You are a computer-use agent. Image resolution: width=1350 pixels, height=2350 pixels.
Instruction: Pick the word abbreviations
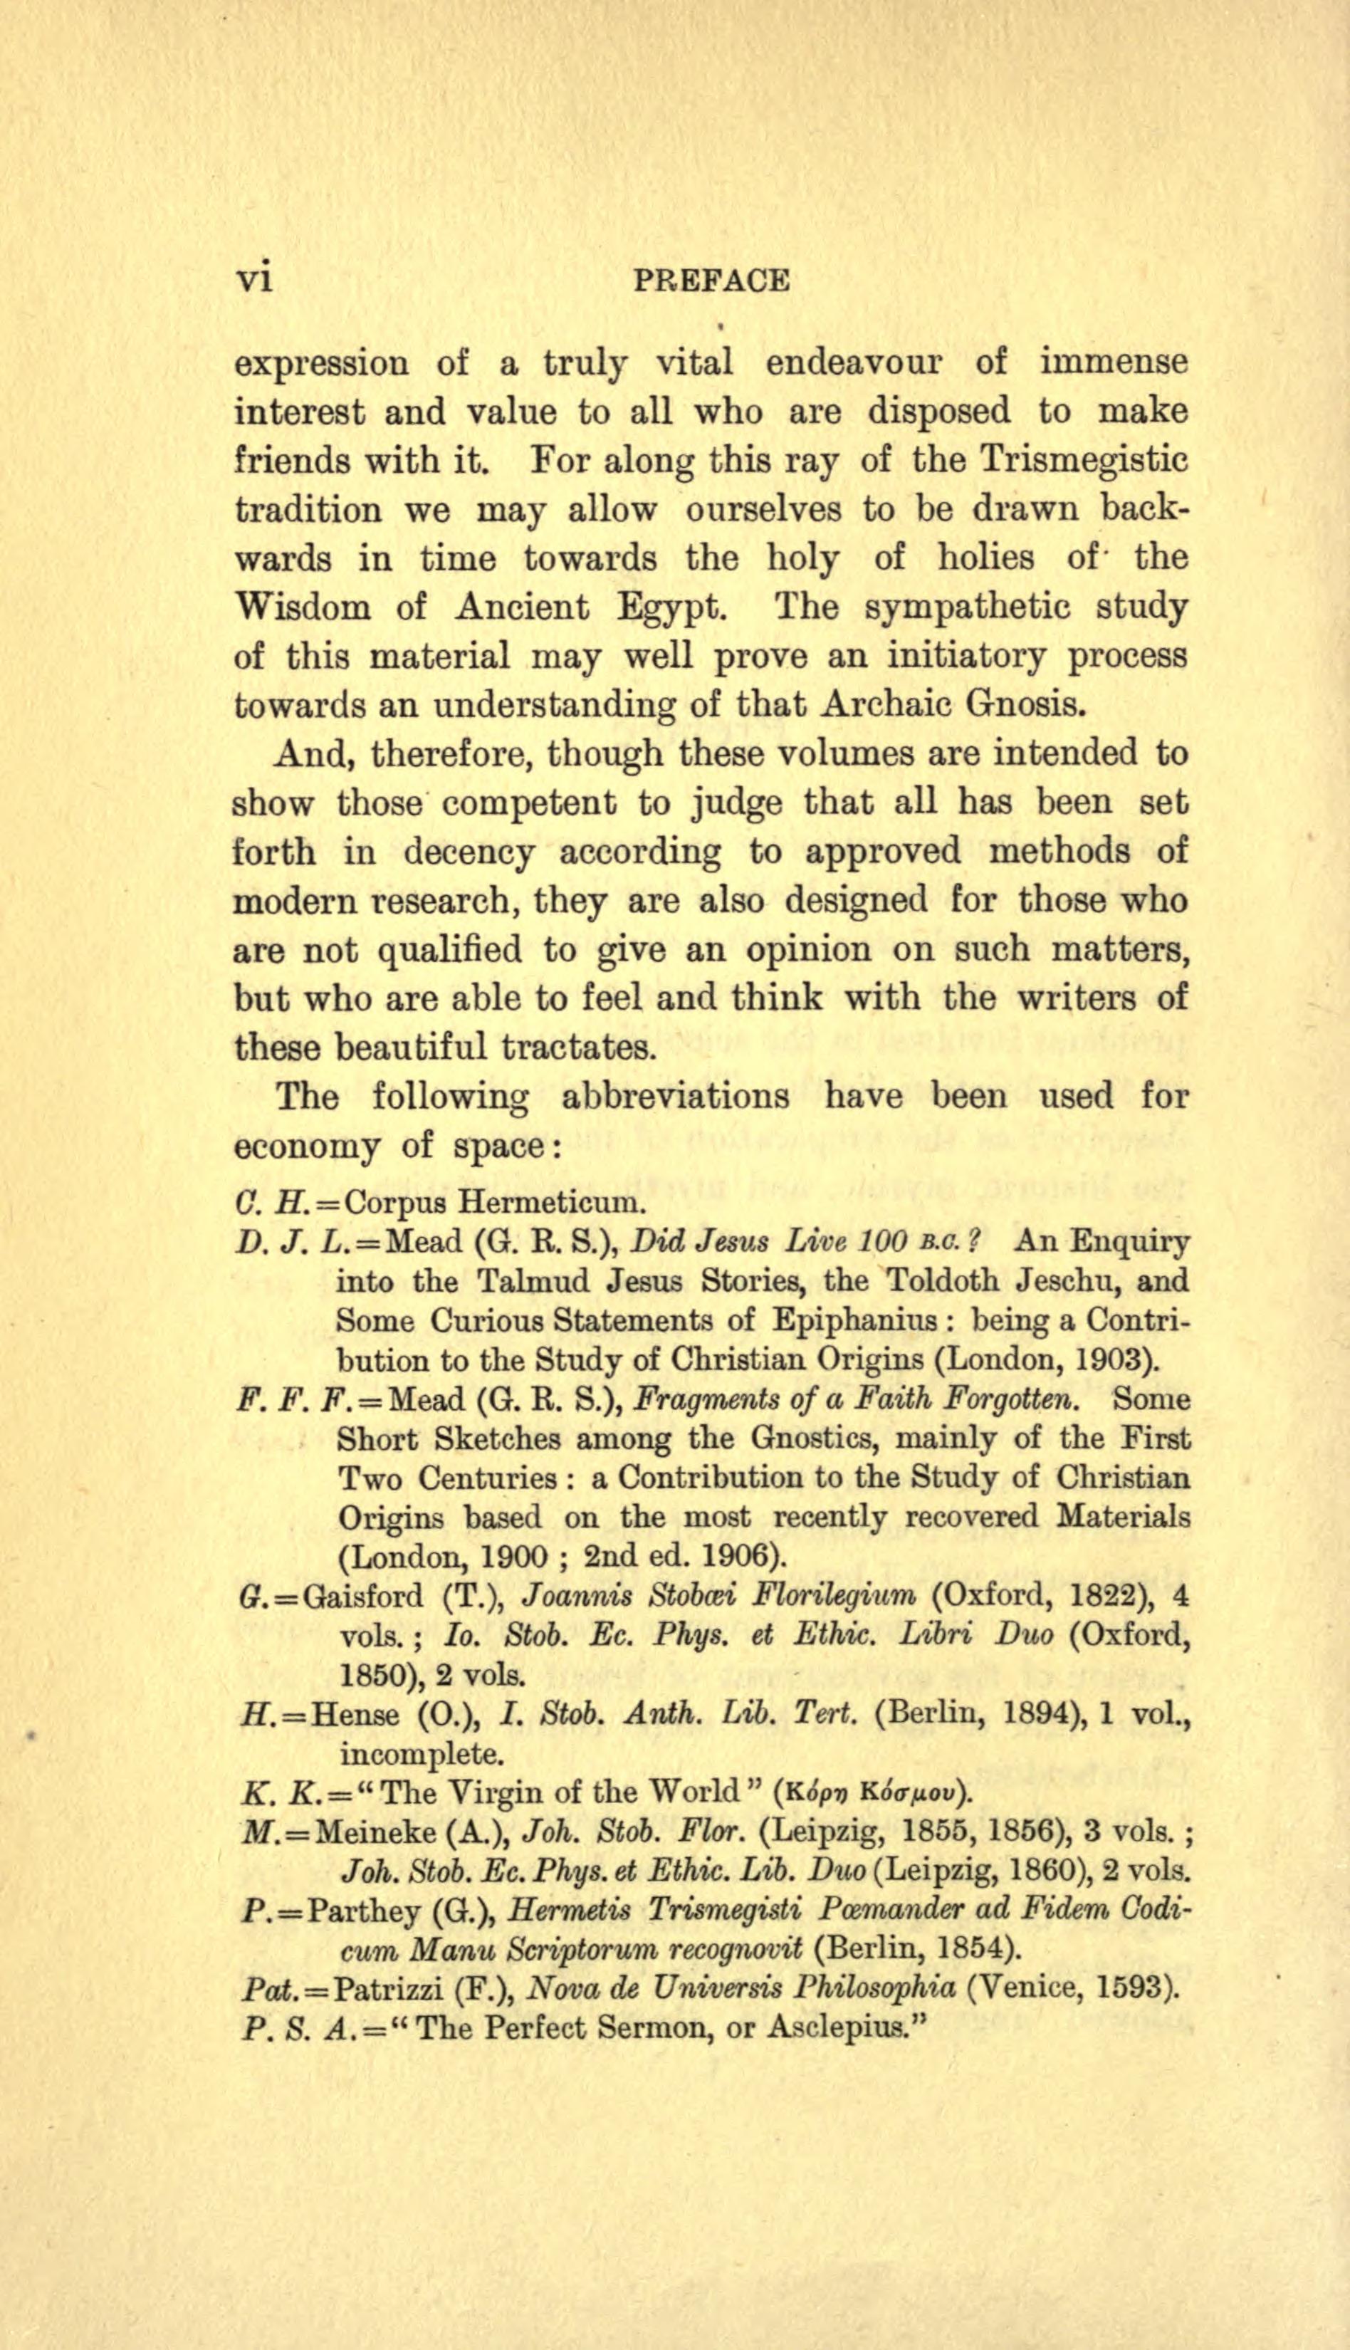675,1096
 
